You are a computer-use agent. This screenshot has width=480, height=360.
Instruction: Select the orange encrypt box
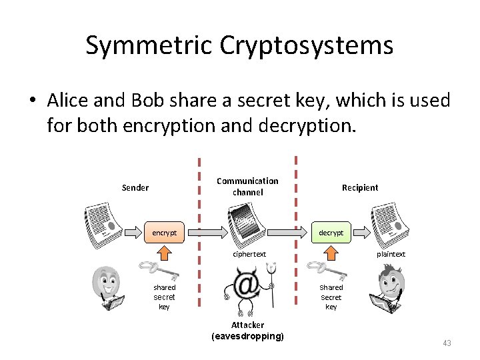[165, 233]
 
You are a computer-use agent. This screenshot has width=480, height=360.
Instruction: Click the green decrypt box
[331, 233]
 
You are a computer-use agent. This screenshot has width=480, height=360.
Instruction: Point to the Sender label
[135, 187]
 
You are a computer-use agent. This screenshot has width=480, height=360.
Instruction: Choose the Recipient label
[360, 187]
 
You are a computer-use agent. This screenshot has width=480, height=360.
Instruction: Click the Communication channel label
[247, 187]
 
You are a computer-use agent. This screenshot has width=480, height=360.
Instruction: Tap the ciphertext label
[249, 254]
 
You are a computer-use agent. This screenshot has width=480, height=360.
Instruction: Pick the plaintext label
[391, 254]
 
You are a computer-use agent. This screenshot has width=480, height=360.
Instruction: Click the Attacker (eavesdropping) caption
[247, 331]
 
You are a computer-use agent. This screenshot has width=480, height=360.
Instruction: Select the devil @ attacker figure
[248, 287]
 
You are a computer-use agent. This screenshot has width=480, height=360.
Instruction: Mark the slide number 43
[447, 343]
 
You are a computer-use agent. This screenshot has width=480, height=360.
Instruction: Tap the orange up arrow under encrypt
[165, 253]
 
